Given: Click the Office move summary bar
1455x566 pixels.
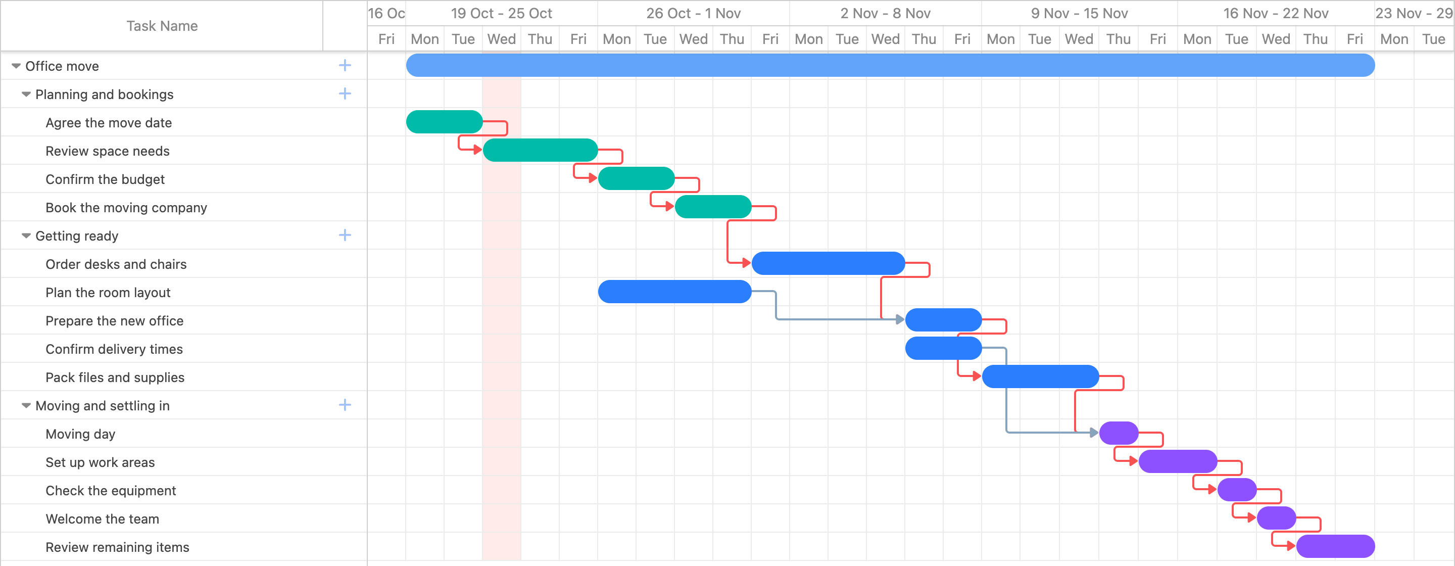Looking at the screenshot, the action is coord(890,66).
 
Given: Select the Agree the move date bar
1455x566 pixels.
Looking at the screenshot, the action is coord(445,122).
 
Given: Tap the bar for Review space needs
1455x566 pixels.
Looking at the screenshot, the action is coord(541,150).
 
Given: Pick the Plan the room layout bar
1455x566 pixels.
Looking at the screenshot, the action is coord(675,292).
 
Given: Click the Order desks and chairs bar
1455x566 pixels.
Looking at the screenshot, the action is coord(829,263).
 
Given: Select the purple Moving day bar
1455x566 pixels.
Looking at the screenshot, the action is coord(1119,433).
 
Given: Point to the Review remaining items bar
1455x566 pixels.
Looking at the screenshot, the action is coord(1335,546).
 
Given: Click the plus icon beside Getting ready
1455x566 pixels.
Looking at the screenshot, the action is coord(345,235).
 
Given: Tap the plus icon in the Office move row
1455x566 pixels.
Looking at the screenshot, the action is coord(345,66).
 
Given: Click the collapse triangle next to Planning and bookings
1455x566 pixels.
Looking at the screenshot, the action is coord(26,95).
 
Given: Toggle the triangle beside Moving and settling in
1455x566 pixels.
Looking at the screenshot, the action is coord(26,406).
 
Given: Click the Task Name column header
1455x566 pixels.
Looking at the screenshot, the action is coord(162,26).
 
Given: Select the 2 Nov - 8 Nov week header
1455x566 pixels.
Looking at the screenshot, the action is coord(885,13).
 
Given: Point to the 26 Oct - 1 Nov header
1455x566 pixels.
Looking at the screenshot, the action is coord(693,13).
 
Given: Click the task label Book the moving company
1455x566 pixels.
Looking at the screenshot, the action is coord(126,208).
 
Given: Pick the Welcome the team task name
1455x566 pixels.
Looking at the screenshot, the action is coord(102,519).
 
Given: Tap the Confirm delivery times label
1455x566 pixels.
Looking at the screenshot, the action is coord(114,349).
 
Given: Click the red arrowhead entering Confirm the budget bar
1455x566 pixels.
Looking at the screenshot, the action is coord(593,178).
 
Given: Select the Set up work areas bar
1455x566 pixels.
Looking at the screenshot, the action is coord(1178,461).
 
